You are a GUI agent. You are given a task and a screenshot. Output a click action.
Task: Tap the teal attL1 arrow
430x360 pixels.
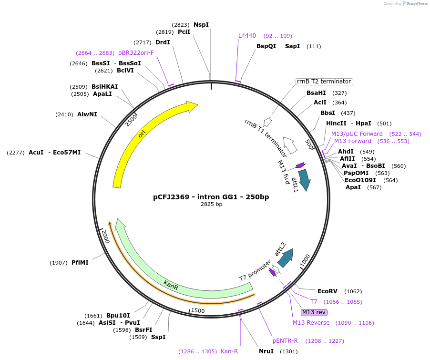tap(304, 180)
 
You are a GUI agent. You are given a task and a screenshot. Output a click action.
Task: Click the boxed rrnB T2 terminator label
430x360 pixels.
tap(324, 82)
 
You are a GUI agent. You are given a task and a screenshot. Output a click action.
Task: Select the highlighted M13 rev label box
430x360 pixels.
tap(314, 312)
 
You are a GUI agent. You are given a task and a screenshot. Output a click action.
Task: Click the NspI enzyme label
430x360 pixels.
tap(201, 24)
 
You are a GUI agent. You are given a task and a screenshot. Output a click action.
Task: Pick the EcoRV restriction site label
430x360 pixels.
tap(328, 291)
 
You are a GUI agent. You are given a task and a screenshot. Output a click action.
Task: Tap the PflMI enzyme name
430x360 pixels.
tap(80, 262)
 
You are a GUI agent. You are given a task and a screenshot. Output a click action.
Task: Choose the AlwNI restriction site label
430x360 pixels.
tap(87, 114)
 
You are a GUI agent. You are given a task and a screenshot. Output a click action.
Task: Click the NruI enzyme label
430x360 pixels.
tap(266, 351)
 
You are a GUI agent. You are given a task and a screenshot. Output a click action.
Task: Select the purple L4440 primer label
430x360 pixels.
tap(247, 36)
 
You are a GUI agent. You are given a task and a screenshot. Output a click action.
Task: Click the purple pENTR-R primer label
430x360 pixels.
tap(286, 341)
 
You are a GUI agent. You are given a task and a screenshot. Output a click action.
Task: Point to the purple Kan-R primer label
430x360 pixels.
tap(229, 351)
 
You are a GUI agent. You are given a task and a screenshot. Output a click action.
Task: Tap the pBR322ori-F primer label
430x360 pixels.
tap(136, 52)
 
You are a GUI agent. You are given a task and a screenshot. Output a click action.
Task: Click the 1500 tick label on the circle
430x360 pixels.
tap(197, 311)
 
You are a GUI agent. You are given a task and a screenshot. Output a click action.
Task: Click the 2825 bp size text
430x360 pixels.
tap(211, 204)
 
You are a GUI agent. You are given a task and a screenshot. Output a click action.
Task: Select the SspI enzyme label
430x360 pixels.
tap(158, 337)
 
